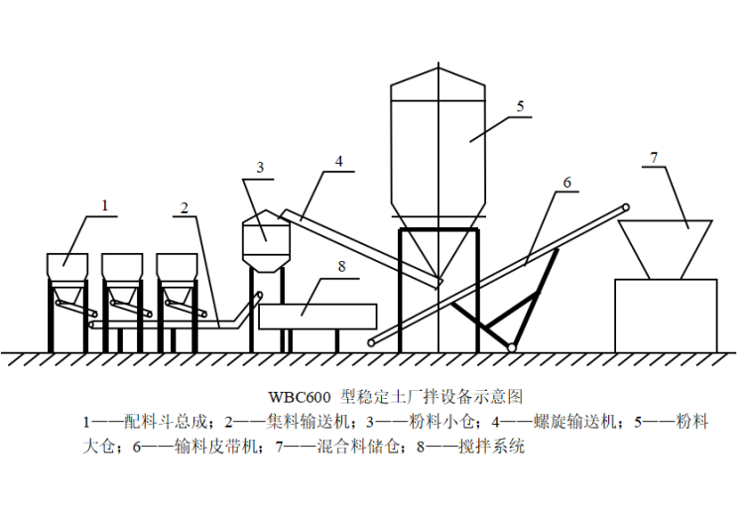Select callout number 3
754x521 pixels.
260,169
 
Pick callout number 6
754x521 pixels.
566,183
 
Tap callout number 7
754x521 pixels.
653,158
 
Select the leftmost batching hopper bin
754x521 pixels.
67,267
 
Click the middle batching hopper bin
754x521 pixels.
123,267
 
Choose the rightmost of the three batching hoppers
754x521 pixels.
177,267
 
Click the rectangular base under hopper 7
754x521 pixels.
666,315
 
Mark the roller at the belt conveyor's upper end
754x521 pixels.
625,207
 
